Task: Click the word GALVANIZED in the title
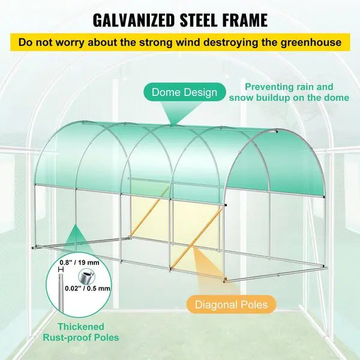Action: point(134,20)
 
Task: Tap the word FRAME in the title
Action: point(245,20)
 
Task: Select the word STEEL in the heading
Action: point(199,20)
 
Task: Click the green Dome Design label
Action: point(184,92)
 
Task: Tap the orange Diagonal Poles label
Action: point(231,305)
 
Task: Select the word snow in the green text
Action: point(241,98)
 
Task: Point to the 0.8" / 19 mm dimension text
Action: point(79,262)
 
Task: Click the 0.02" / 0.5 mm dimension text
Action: point(88,288)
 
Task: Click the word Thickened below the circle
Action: point(81,326)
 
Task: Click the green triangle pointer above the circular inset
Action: point(77,238)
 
